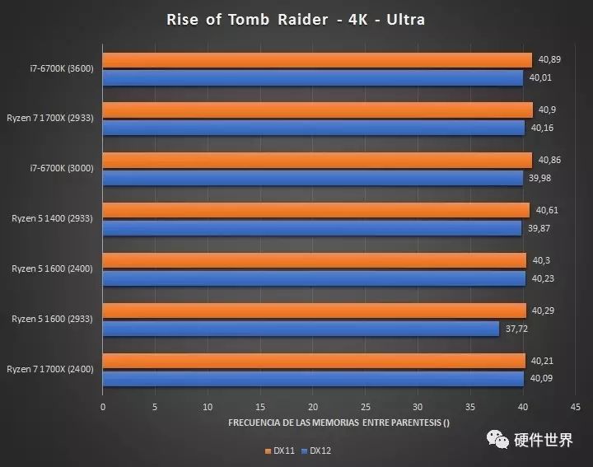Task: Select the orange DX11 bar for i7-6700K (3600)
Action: [x=317, y=60]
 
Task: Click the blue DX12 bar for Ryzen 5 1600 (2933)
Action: [x=301, y=329]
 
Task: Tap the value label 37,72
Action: [x=516, y=329]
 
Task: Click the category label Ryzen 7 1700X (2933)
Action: [x=50, y=119]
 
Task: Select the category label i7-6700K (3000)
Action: [x=62, y=169]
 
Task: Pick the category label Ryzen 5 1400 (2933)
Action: [x=52, y=219]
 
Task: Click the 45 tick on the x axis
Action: [x=575, y=407]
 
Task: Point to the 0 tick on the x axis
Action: [x=103, y=407]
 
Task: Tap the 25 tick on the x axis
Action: [x=365, y=407]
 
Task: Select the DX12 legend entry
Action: [x=315, y=451]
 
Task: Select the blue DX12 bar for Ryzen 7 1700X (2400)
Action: [x=313, y=379]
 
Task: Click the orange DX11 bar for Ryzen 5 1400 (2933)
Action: [x=316, y=210]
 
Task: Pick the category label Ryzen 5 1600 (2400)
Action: [x=52, y=269]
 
